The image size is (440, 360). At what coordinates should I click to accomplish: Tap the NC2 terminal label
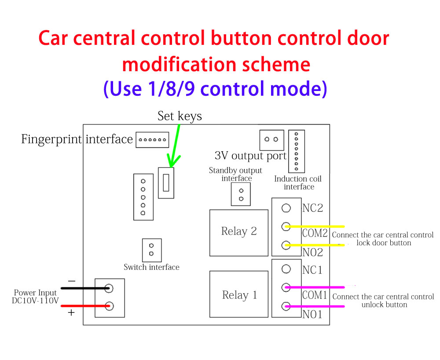[x=312, y=208]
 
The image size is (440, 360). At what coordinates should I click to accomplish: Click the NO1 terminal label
[x=312, y=314]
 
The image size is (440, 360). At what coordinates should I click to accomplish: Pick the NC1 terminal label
[x=312, y=270]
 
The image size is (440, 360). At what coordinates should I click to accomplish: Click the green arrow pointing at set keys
[x=175, y=145]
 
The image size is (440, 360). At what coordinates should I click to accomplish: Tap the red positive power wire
[x=84, y=306]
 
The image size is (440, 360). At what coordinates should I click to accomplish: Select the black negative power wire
[x=84, y=288]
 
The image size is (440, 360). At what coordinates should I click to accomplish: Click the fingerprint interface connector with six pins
[x=152, y=140]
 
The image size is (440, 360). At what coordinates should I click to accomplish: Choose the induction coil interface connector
[x=297, y=151]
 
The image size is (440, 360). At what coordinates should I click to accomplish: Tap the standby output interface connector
[x=241, y=194]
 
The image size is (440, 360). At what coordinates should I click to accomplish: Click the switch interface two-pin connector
[x=151, y=250]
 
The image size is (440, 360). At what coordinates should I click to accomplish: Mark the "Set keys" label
[x=180, y=116]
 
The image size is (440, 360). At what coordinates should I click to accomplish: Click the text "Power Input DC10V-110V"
[x=35, y=297]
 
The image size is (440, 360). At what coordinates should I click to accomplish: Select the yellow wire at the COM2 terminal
[x=317, y=227]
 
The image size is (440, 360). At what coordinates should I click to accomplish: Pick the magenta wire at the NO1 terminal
[x=317, y=306]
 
